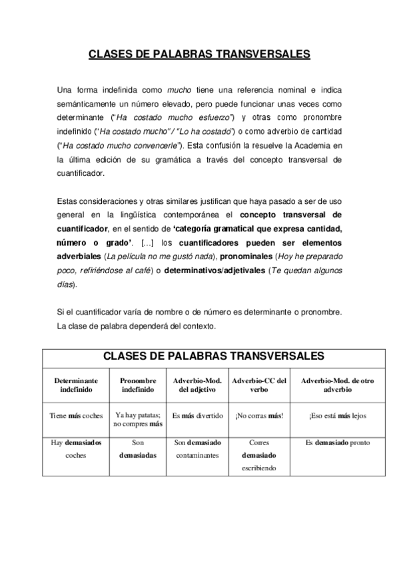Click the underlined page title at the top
coord(199,55)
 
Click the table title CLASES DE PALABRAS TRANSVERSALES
coord(199,356)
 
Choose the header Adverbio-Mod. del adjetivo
coord(197,385)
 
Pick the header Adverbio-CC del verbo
coord(259,385)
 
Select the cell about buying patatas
coord(138,418)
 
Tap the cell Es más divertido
coord(197,416)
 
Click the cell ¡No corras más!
coord(259,416)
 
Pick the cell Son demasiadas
coord(138,449)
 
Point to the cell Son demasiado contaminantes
coord(197,449)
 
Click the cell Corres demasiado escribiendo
coord(259,455)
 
